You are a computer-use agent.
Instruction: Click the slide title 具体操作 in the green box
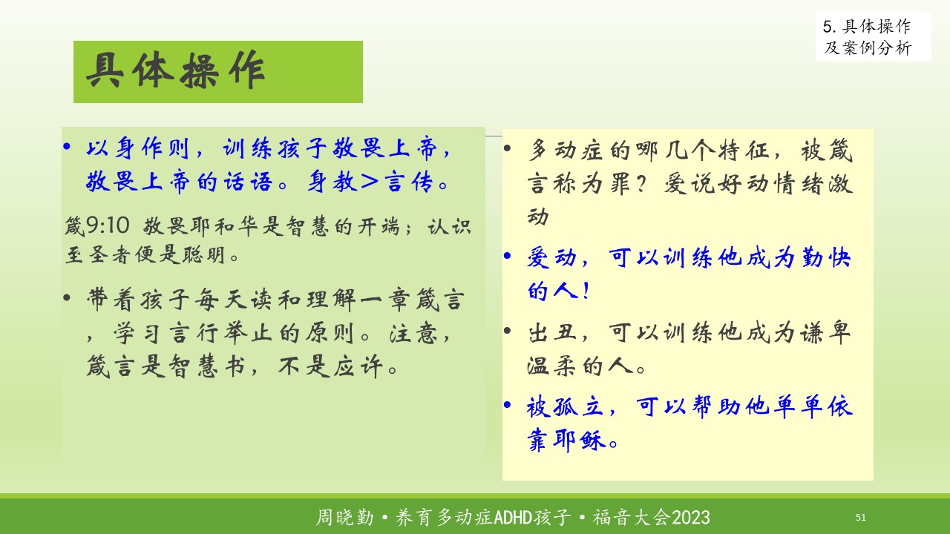[x=176, y=70]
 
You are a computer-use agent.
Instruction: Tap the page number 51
[x=860, y=517]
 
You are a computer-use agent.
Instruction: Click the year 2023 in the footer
[x=691, y=518]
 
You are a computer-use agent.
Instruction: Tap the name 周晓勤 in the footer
[x=345, y=518]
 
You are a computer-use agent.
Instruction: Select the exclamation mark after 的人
[x=586, y=291]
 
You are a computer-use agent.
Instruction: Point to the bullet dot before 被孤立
[x=507, y=405]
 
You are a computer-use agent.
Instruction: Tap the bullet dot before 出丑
[x=507, y=330]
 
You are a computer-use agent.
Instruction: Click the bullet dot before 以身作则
[x=67, y=147]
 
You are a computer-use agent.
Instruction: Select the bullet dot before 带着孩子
[x=67, y=297]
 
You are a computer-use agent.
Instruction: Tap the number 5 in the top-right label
[x=828, y=27]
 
